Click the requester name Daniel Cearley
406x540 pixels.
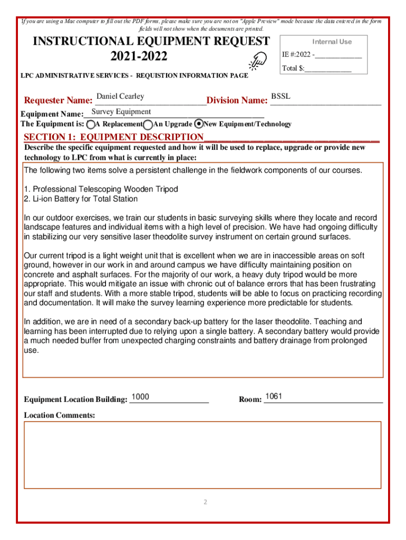(120, 97)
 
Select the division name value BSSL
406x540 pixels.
(281, 97)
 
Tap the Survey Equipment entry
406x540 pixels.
(121, 112)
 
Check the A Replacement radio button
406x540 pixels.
(91, 124)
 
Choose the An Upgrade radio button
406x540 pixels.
(149, 124)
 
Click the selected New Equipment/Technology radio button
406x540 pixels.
(199, 124)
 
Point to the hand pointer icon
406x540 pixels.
(259, 61)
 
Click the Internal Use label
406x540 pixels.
(332, 42)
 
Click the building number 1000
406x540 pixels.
(140, 397)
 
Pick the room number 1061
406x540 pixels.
(274, 396)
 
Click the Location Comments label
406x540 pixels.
(60, 416)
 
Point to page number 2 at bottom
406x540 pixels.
(206, 502)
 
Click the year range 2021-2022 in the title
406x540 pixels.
(151, 56)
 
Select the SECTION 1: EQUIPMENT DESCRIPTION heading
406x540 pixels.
(113, 138)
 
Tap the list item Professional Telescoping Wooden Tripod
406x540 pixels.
(101, 189)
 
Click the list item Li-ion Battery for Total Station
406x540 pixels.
(81, 199)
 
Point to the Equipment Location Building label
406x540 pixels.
(75, 400)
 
